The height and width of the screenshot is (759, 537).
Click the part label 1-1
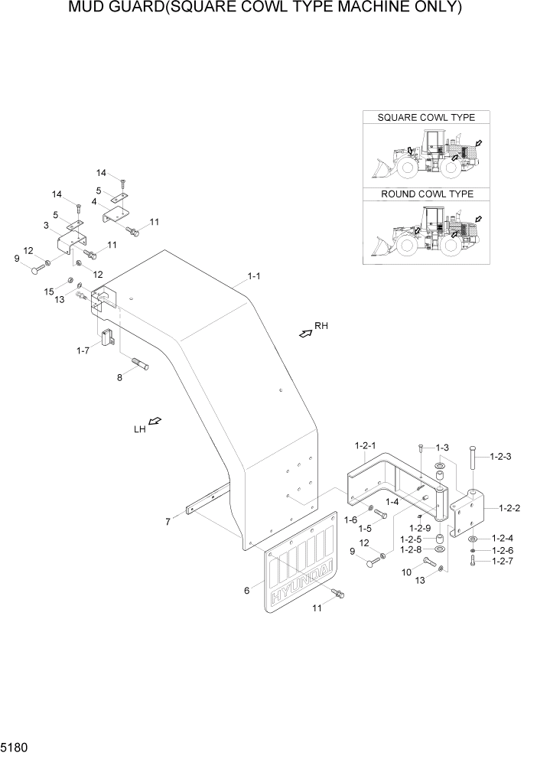(253, 275)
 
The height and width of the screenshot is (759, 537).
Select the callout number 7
(168, 522)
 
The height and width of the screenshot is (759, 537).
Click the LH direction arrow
(155, 422)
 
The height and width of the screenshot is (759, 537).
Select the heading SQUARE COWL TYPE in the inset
(426, 117)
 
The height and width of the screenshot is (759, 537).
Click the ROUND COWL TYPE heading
(426, 194)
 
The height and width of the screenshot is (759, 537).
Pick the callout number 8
(119, 376)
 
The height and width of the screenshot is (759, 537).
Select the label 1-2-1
(366, 445)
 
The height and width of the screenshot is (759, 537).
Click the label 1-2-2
(511, 507)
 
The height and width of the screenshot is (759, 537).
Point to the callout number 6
(246, 590)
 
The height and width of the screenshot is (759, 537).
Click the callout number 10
(406, 572)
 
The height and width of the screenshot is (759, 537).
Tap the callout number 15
(49, 292)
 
